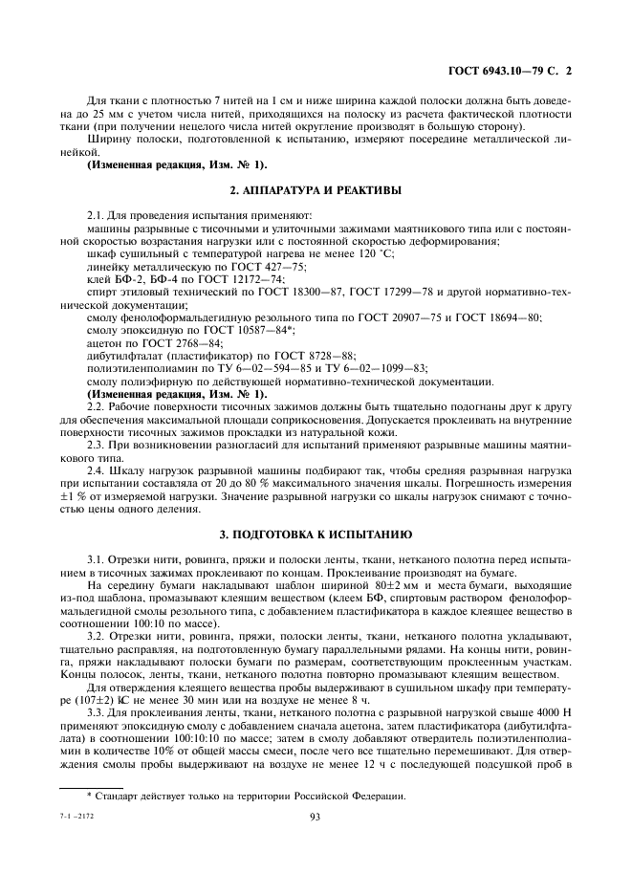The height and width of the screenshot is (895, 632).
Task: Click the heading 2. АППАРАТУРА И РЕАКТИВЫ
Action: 316,190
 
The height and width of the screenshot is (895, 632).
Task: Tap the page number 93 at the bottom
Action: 315,815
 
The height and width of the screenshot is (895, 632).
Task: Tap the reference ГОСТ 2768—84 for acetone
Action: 187,342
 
